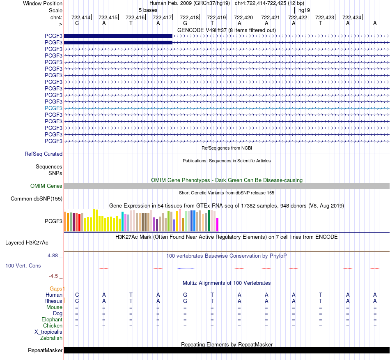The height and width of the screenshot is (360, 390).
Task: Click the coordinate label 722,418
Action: (189, 17)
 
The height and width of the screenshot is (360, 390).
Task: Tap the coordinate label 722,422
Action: (298, 17)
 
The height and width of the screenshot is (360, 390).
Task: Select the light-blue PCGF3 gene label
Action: (53, 108)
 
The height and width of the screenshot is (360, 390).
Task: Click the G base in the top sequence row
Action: (185, 23)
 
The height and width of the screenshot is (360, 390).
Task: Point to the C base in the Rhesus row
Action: (77, 301)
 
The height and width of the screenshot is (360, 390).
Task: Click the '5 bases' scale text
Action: (148, 10)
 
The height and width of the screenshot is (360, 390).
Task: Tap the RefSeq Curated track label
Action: (44, 154)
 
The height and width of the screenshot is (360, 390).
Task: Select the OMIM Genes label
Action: (46, 186)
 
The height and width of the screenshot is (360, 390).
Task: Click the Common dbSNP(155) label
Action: (37, 198)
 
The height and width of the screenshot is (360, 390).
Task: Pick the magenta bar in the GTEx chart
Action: (218, 224)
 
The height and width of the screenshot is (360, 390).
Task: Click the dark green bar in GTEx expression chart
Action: (209, 221)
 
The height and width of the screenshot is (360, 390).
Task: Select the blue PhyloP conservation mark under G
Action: (186, 269)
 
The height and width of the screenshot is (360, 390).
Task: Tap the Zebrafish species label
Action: (51, 338)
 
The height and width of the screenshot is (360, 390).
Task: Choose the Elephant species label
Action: (52, 319)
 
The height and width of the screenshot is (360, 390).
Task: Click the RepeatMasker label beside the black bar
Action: (45, 350)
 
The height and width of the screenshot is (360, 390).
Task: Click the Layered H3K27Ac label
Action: (27, 243)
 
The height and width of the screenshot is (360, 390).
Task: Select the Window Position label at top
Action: (43, 3)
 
